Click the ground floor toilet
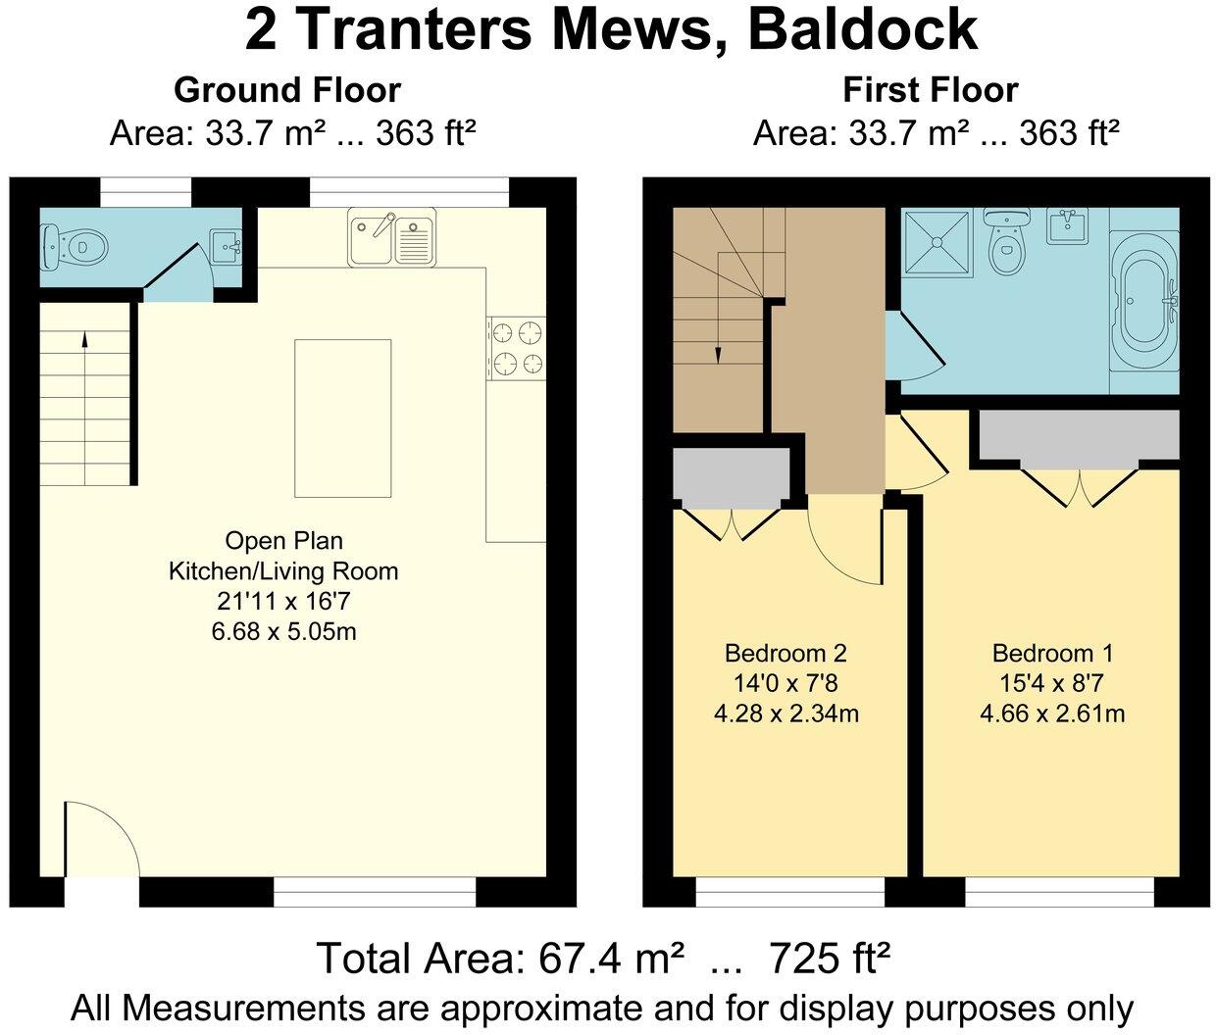72,245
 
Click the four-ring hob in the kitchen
518,349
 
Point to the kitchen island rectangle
342,419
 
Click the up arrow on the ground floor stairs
84,341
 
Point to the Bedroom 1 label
1052,654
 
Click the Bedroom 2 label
785,654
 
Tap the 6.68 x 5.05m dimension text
283,632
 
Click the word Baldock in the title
862,29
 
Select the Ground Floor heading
287,90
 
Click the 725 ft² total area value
830,958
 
